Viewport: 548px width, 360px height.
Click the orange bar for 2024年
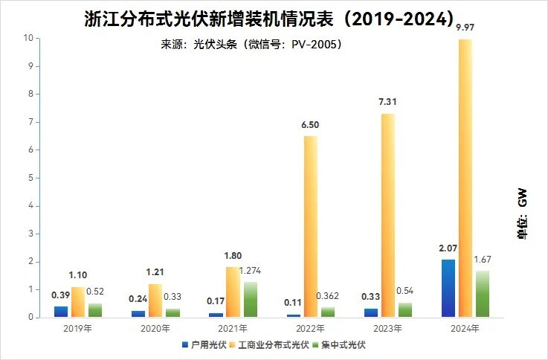click(x=465, y=179)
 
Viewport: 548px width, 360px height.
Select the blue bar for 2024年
click(x=448, y=288)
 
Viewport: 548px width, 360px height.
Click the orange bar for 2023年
click(x=388, y=216)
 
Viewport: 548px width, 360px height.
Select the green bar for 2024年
click(x=483, y=294)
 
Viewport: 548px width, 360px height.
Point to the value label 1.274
click(x=249, y=271)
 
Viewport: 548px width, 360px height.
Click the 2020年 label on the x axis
click(x=155, y=328)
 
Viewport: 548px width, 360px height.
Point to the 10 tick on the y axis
click(x=28, y=38)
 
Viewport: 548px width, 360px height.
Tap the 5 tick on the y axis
click(x=30, y=178)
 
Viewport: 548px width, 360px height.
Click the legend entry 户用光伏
click(x=203, y=345)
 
